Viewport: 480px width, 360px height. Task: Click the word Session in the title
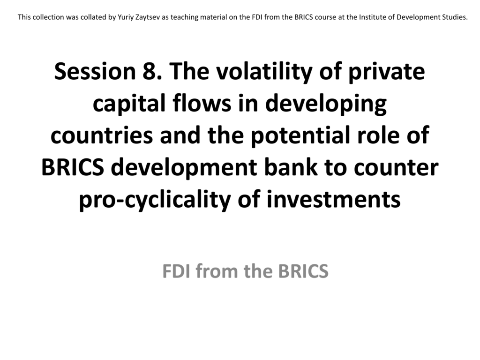click(x=95, y=71)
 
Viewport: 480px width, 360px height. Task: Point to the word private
click(x=387, y=73)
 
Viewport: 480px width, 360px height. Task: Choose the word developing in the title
click(x=326, y=105)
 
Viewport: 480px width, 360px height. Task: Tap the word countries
click(x=102, y=135)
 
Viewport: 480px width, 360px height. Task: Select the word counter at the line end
click(x=396, y=168)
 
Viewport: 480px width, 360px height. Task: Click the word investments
click(x=334, y=199)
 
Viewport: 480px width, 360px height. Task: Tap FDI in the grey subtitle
click(x=176, y=271)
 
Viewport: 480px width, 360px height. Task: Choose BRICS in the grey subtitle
click(x=303, y=271)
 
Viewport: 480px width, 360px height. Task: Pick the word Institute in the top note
click(x=373, y=17)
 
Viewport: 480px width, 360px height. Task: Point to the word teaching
click(x=183, y=17)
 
